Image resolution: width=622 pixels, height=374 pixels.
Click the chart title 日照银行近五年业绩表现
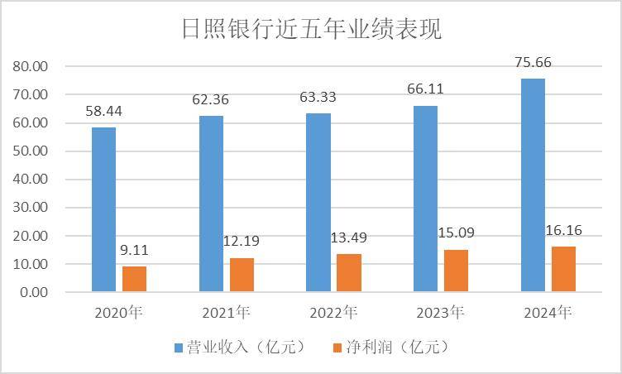coord(311,30)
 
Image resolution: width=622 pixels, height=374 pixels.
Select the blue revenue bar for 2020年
coord(103,209)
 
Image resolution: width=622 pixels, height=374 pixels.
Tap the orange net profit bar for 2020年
coord(134,279)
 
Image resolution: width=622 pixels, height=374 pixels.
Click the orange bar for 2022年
coord(348,273)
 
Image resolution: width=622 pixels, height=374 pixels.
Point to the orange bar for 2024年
coord(563,269)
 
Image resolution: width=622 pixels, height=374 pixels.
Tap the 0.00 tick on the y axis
coord(34,292)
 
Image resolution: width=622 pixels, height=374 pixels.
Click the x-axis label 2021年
coord(227,313)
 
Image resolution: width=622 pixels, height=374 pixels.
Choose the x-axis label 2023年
coord(441,313)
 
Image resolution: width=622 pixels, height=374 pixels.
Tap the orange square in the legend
coord(338,346)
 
